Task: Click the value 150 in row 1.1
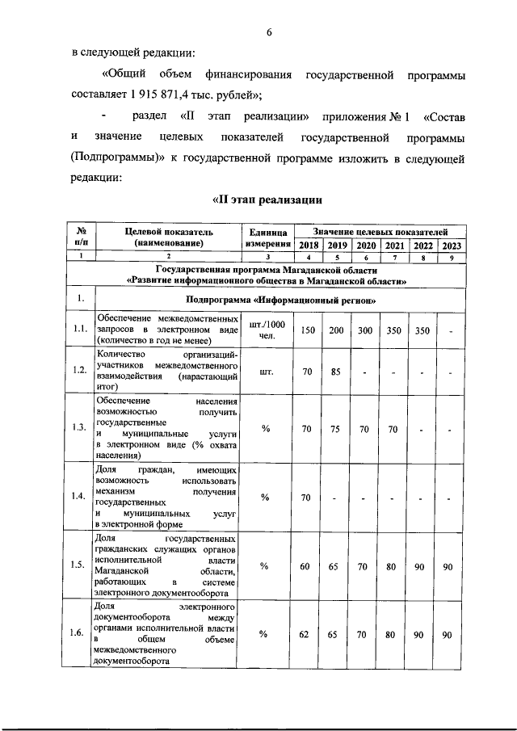click(308, 330)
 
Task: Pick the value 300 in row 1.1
click(366, 330)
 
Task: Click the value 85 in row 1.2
click(337, 372)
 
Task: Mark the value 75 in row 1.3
click(337, 429)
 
